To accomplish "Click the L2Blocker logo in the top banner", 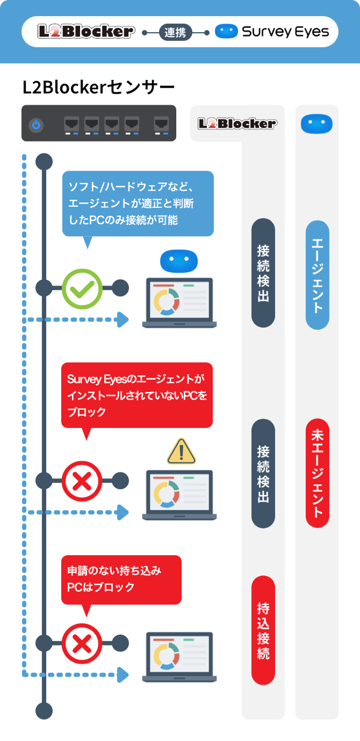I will [x=86, y=32].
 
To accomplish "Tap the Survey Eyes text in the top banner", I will [x=285, y=32].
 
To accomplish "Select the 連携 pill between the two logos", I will [x=175, y=33].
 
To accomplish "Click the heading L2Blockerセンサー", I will [x=98, y=88].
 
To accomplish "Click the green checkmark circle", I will [x=82, y=288].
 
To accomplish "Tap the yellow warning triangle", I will [x=182, y=452].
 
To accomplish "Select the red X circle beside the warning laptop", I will [x=82, y=481].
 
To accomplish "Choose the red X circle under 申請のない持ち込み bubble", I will [x=82, y=643].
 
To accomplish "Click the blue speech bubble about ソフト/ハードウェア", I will [x=138, y=204].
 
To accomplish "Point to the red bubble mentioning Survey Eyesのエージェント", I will [x=137, y=395].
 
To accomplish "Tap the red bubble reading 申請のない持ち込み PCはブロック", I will [x=121, y=579].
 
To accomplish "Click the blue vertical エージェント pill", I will [x=317, y=275].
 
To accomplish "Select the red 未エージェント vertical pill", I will [x=317, y=473].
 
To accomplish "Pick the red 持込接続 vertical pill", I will [x=263, y=630].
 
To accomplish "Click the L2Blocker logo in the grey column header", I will [x=237, y=123].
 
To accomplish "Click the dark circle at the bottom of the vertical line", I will [x=44, y=711].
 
